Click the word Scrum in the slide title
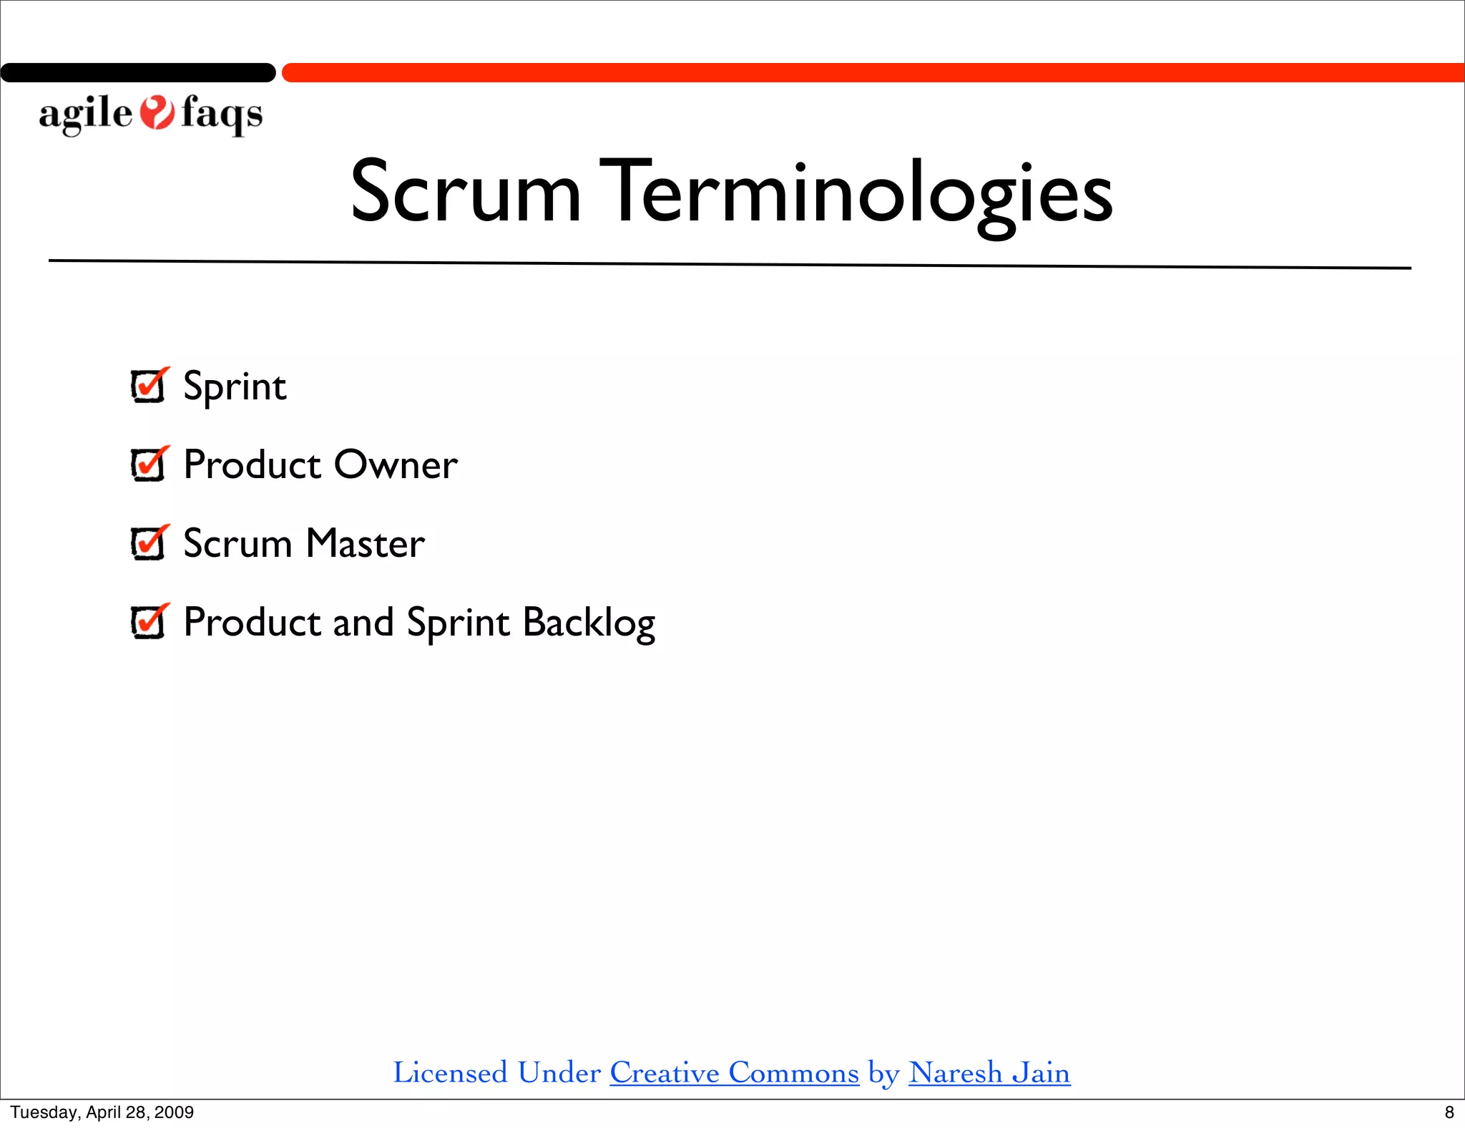[465, 192]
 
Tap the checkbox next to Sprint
[149, 386]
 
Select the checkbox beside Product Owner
[149, 465]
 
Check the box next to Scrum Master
[149, 544]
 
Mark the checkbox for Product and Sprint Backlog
[149, 622]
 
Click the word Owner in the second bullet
[396, 465]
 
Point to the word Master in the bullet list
[366, 544]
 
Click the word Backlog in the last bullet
[589, 623]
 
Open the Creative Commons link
[734, 1073]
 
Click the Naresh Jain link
[989, 1073]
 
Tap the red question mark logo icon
[157, 113]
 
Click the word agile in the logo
[86, 115]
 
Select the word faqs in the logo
[222, 115]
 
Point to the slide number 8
[1449, 1112]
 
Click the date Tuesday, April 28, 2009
[102, 1112]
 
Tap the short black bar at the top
[138, 72]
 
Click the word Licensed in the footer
[450, 1073]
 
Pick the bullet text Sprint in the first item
[235, 387]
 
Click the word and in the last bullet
[363, 623]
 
